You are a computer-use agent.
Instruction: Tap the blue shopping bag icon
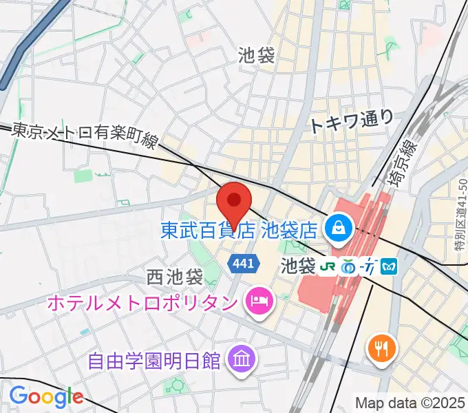pyautogui.click(x=339, y=225)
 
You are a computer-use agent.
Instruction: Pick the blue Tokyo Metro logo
pyautogui.click(x=390, y=264)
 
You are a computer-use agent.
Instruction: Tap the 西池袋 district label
pyautogui.click(x=175, y=277)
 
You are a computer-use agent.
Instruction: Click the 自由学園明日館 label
pyautogui.click(x=153, y=359)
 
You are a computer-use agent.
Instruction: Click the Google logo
pyautogui.click(x=46, y=396)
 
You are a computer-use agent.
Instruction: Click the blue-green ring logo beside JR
pyautogui.click(x=350, y=264)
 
